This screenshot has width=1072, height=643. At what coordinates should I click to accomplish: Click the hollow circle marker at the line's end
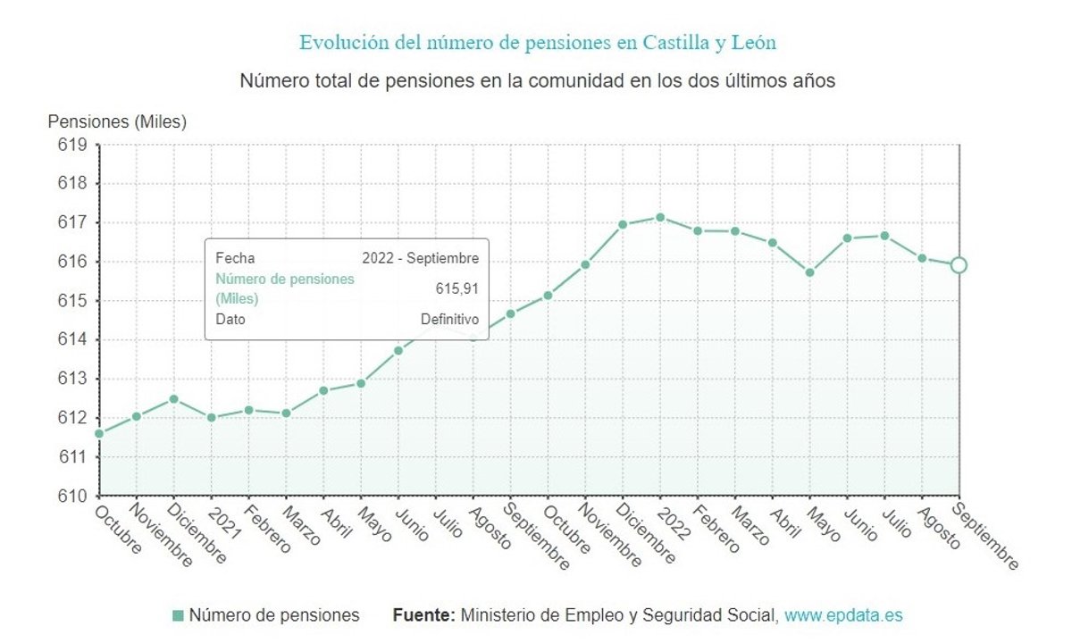[959, 264]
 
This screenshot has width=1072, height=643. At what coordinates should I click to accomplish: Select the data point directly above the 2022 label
[660, 217]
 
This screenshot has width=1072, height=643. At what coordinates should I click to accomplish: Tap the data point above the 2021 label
[212, 417]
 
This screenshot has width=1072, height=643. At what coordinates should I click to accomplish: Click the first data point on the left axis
[99, 434]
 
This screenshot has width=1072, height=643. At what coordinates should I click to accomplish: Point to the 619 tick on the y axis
[73, 145]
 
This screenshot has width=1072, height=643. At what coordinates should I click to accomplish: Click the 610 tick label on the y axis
[73, 496]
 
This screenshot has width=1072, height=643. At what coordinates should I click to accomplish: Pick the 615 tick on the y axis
[73, 301]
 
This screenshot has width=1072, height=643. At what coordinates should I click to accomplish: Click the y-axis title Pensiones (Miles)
[117, 122]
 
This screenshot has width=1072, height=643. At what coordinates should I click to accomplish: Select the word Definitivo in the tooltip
[449, 319]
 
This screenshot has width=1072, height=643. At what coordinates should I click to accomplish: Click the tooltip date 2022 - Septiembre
[420, 258]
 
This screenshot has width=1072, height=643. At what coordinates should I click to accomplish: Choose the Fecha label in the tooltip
[235, 258]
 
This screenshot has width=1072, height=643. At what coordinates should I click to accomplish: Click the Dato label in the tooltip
[230, 319]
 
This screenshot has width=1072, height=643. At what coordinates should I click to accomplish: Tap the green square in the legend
[178, 615]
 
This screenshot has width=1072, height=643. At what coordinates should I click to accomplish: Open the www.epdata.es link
[843, 615]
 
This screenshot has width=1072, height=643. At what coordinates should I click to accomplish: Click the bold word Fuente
[424, 615]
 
